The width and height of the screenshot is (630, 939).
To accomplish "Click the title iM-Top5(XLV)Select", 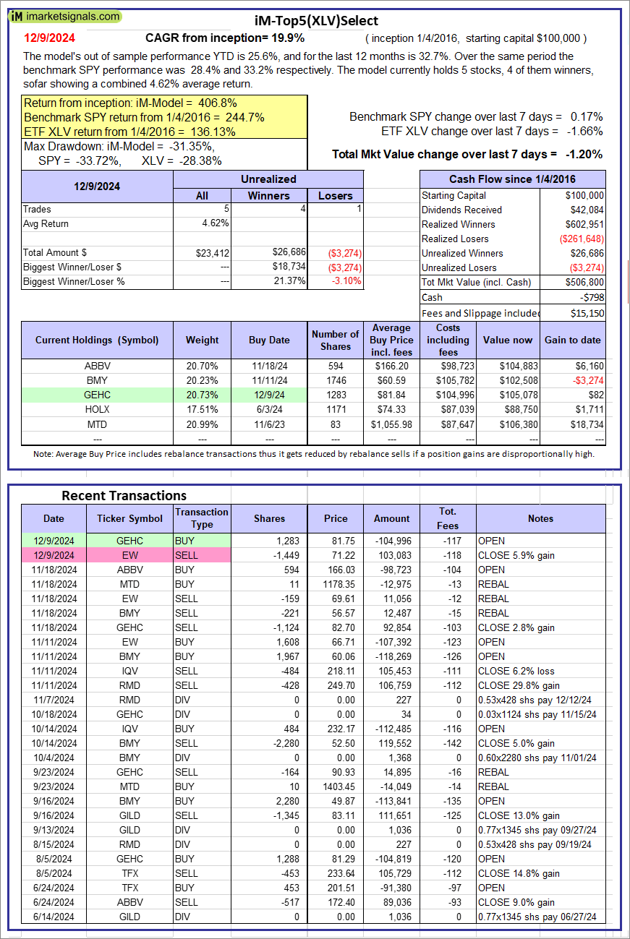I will point(316,21).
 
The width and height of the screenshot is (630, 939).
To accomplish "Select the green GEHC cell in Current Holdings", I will point(97,395).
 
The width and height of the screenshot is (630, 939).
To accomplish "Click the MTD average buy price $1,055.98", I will point(391,424).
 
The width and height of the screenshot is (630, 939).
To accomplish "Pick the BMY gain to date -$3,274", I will point(584,380).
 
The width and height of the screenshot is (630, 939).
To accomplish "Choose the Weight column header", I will point(202,340).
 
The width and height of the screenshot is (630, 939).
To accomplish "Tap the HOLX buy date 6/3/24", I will point(269,409).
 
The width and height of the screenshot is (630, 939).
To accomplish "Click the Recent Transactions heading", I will point(124,495).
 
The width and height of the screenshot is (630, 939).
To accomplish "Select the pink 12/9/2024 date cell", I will point(54,555).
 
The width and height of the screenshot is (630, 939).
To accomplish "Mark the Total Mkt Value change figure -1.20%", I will point(584,154).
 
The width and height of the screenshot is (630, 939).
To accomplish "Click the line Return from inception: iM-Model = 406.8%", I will point(131,103).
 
